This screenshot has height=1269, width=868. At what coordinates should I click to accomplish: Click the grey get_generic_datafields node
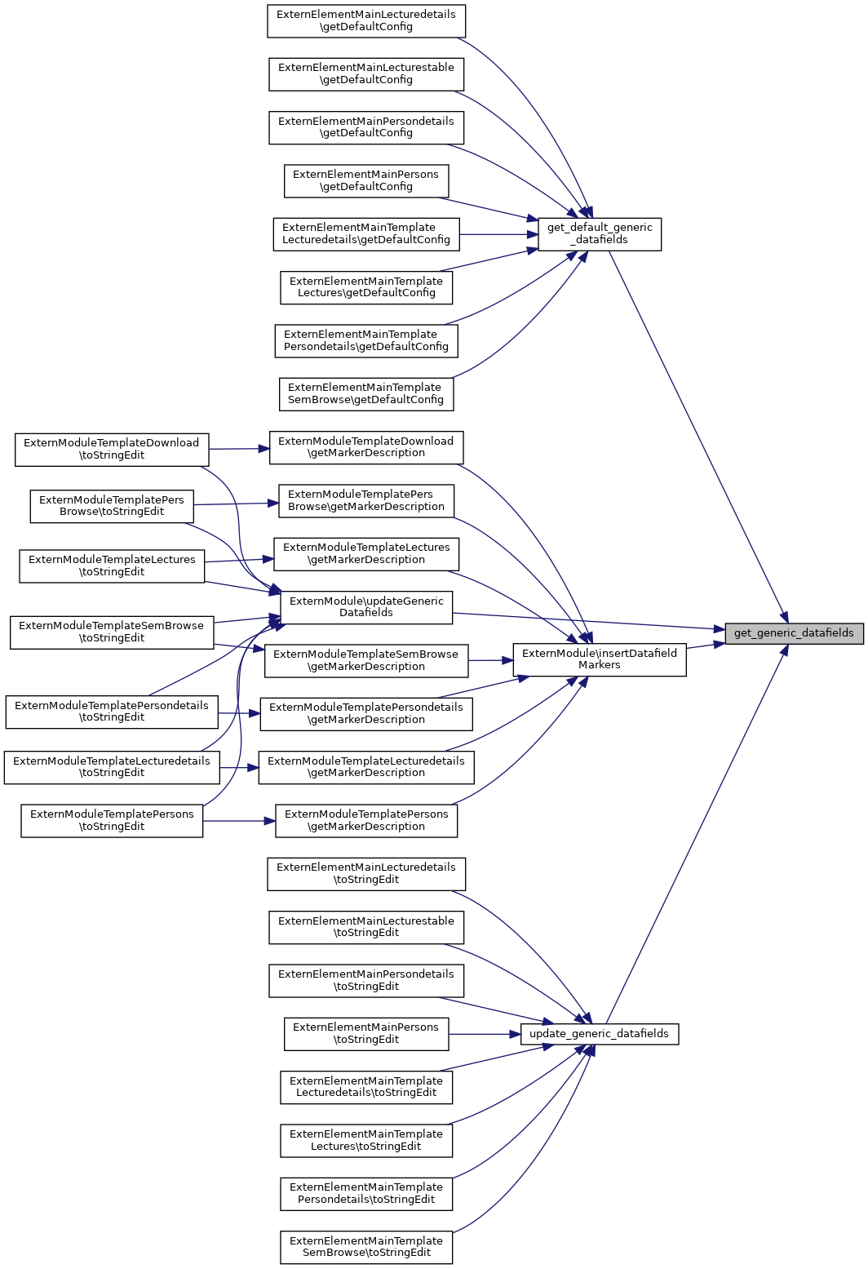click(794, 632)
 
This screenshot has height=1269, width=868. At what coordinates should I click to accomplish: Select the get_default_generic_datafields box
click(599, 234)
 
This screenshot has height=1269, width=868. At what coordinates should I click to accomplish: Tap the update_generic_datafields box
click(599, 1034)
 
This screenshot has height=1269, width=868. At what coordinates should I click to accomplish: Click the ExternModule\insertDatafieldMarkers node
click(599, 659)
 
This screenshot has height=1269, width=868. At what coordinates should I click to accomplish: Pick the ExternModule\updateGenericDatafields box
click(366, 607)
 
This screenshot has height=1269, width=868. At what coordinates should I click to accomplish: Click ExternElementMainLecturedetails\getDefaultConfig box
click(366, 20)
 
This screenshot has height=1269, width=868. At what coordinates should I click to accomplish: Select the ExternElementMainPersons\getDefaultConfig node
click(366, 180)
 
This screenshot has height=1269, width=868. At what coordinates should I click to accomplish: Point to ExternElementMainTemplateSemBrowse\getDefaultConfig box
click(366, 394)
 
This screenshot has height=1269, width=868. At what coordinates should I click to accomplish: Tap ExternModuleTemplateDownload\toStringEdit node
click(112, 450)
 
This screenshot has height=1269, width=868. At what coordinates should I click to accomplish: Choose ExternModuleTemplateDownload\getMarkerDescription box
click(366, 447)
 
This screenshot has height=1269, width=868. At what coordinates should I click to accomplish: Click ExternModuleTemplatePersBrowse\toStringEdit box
click(112, 506)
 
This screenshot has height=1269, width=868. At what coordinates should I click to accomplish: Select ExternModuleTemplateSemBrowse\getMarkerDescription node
click(366, 660)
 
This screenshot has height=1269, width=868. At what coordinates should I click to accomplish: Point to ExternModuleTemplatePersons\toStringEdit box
click(112, 820)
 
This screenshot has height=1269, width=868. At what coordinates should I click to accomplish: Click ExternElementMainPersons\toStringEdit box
click(366, 1034)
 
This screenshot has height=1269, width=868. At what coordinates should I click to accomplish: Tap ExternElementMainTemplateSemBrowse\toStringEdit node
click(366, 1247)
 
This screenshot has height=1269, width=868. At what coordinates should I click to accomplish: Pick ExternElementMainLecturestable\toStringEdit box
click(366, 927)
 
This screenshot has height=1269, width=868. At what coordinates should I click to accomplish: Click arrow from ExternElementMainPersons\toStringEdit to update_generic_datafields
click(485, 1034)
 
